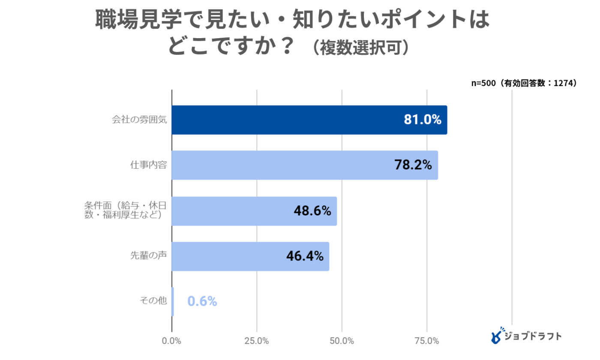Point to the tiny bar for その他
(x=173, y=302)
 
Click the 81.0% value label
(x=422, y=120)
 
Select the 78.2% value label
(x=413, y=165)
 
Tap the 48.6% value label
(x=312, y=211)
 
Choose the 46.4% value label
(x=304, y=256)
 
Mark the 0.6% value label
(x=202, y=302)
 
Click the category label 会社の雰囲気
(x=139, y=120)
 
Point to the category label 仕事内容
(x=148, y=165)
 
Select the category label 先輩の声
(x=148, y=256)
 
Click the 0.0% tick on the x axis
(x=172, y=341)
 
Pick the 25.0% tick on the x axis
(x=257, y=341)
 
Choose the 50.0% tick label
(x=342, y=341)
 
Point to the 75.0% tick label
(x=427, y=341)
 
